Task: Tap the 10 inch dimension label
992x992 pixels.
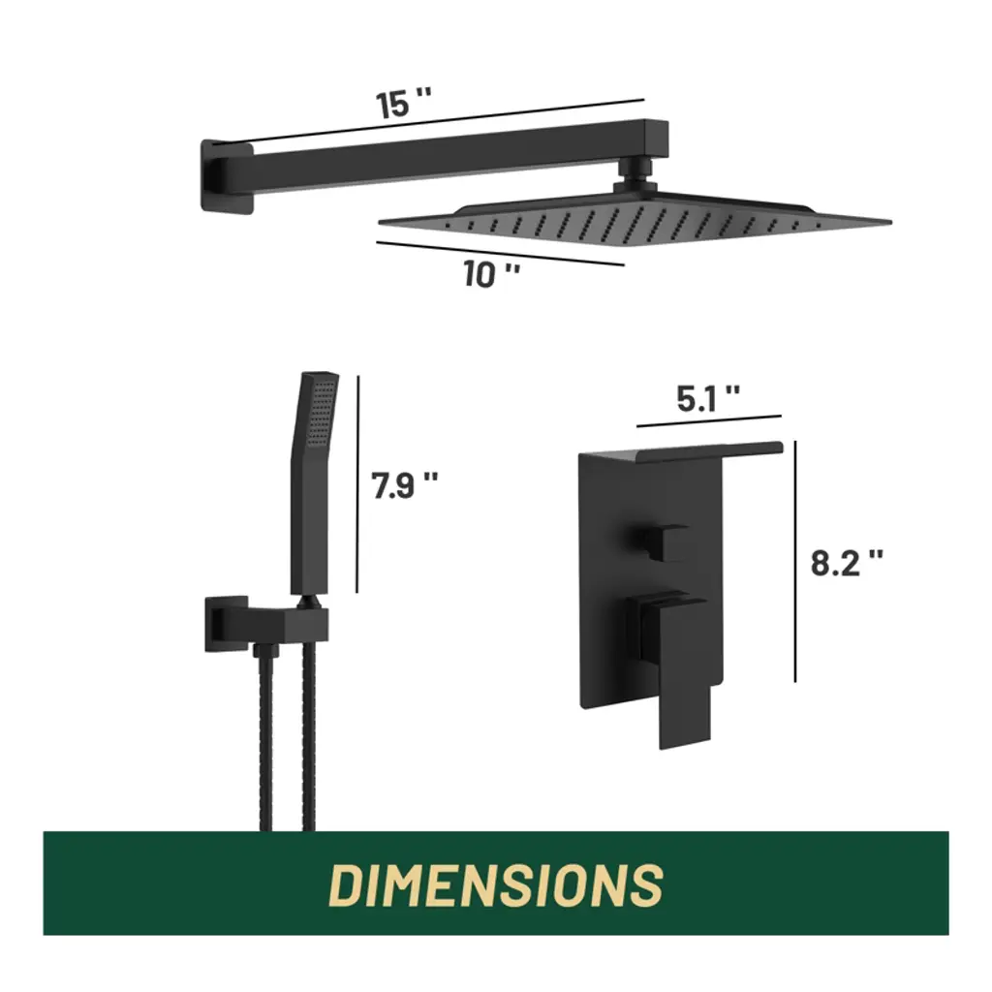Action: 491,274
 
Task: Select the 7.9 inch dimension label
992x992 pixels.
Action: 405,486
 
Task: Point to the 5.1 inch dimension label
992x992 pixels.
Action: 708,399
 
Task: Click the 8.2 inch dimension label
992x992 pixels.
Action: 847,562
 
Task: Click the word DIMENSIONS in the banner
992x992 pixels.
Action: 496,883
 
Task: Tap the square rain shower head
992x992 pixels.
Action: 635,222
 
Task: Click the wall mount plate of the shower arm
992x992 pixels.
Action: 227,176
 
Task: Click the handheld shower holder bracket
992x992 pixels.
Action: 265,623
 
